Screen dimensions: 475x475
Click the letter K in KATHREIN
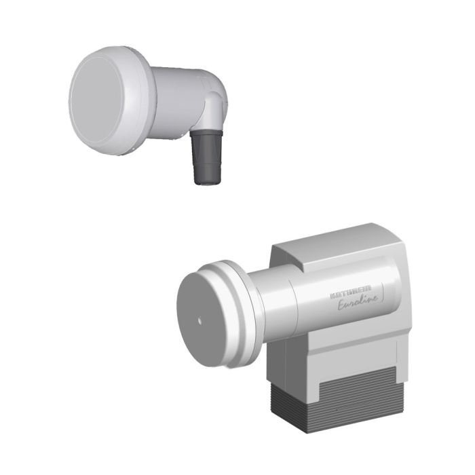pyautogui.click(x=332, y=297)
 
